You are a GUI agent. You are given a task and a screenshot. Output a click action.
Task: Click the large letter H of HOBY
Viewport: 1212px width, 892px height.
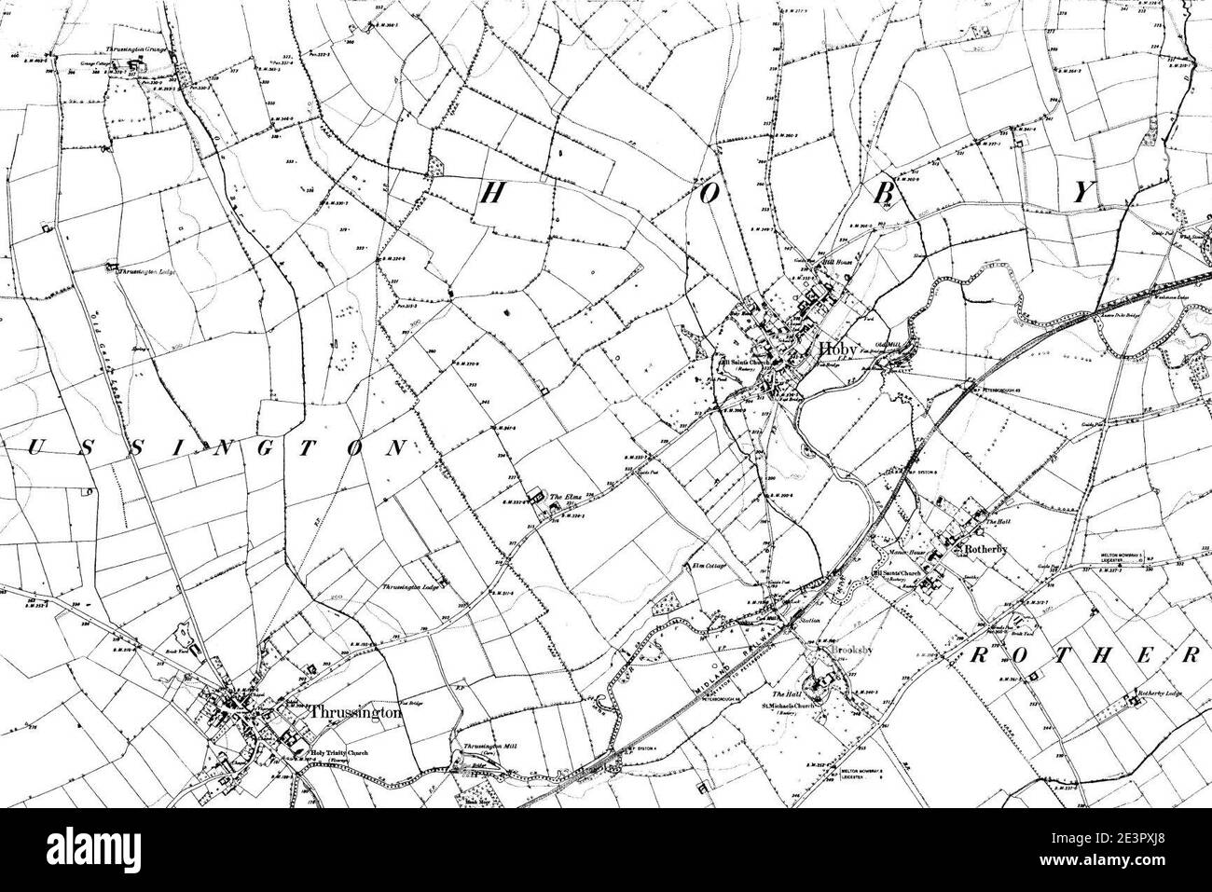(493, 193)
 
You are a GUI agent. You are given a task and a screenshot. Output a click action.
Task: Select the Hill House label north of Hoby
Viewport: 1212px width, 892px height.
(829, 264)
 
